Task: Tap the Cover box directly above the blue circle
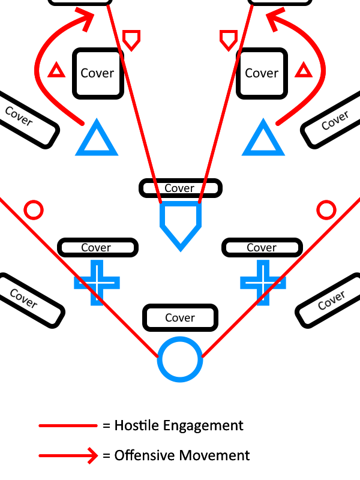pos(181,318)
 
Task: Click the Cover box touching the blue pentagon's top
pos(181,188)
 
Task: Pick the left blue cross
pos(97,283)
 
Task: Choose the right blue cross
pos(263,283)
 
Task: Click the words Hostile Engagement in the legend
pos(179,425)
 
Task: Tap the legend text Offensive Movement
pos(182,455)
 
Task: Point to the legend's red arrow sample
pos(68,456)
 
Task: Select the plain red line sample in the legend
pos(68,426)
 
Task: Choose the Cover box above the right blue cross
pos(262,247)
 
